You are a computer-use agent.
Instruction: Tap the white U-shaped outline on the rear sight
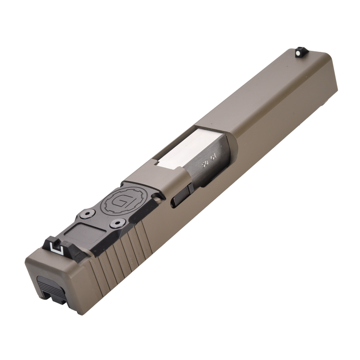[x=56, y=246]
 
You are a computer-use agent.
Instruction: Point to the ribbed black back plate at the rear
[x=46, y=283]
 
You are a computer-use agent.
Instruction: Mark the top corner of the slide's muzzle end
[x=331, y=57]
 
